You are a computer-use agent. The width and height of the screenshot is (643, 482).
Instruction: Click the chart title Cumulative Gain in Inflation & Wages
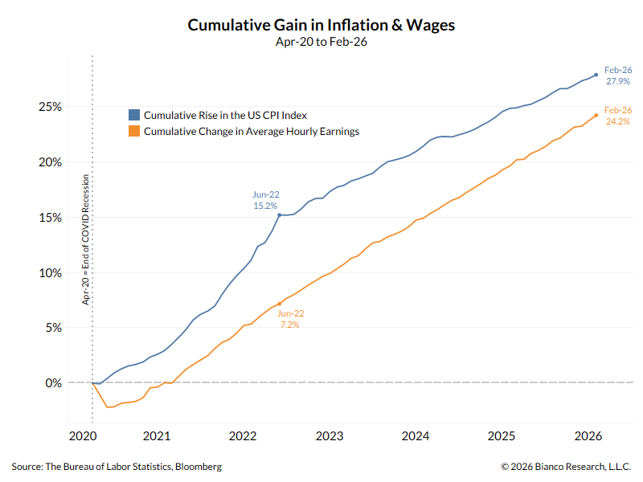click(x=321, y=25)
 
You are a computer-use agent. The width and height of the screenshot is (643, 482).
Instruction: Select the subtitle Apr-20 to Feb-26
click(x=321, y=43)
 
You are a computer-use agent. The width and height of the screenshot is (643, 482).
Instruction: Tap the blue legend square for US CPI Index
click(x=134, y=115)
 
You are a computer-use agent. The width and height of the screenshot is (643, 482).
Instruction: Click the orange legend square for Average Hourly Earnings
click(x=134, y=131)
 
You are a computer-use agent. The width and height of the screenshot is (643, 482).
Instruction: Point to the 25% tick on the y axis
click(x=50, y=107)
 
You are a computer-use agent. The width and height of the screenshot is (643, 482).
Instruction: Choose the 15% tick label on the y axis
click(x=50, y=218)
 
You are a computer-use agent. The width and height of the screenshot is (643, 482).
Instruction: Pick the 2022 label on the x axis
click(x=243, y=436)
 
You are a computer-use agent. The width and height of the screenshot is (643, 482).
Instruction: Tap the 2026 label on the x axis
click(x=588, y=436)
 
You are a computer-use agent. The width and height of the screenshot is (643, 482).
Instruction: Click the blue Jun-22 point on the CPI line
click(x=279, y=214)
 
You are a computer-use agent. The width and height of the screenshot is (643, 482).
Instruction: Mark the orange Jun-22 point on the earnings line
click(x=279, y=304)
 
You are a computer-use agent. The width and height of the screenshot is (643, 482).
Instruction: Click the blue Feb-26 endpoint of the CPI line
click(x=596, y=75)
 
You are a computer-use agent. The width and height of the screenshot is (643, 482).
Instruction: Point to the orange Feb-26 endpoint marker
click(x=596, y=115)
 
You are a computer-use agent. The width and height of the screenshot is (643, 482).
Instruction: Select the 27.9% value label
click(x=617, y=82)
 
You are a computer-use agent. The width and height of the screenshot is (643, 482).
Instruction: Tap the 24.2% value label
click(x=617, y=122)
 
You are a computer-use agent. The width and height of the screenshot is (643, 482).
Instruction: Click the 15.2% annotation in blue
click(x=265, y=206)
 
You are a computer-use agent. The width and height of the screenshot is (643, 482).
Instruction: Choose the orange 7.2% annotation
click(x=289, y=325)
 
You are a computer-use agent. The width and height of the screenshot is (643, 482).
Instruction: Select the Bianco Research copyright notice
click(x=566, y=467)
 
